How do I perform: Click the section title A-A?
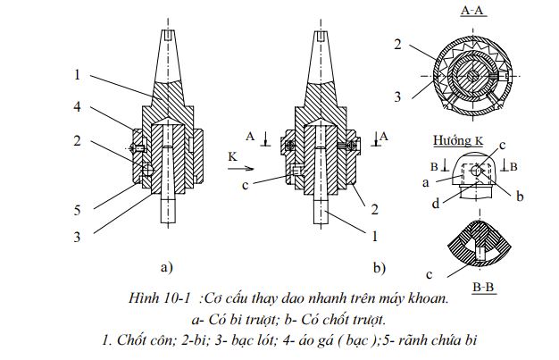[471, 12]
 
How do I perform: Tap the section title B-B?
[484, 287]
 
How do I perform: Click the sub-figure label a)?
[167, 266]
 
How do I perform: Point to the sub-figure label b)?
[378, 266]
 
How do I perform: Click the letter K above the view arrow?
[233, 155]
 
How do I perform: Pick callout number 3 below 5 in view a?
[79, 237]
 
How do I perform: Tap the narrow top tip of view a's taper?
[168, 32]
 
